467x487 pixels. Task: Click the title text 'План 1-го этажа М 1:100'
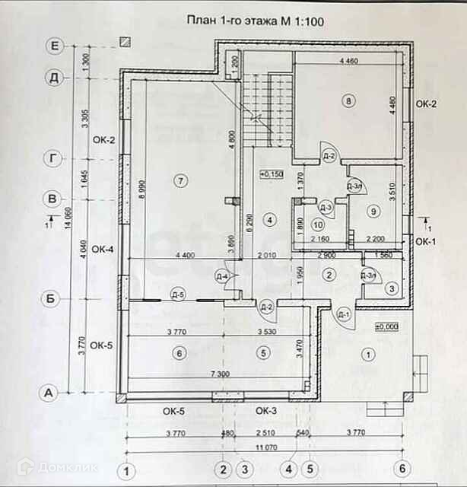click(256, 22)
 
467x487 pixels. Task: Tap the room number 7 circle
click(179, 180)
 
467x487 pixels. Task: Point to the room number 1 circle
click(370, 354)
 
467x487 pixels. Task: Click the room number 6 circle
click(179, 353)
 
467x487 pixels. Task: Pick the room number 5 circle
click(263, 353)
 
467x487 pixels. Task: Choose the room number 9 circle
click(373, 210)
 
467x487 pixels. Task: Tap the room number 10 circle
click(318, 225)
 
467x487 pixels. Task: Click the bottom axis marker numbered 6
click(402, 469)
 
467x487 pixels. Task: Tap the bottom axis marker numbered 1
click(129, 469)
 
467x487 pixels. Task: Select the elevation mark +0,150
click(272, 173)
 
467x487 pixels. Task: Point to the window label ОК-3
click(265, 411)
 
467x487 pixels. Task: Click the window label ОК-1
click(425, 242)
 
